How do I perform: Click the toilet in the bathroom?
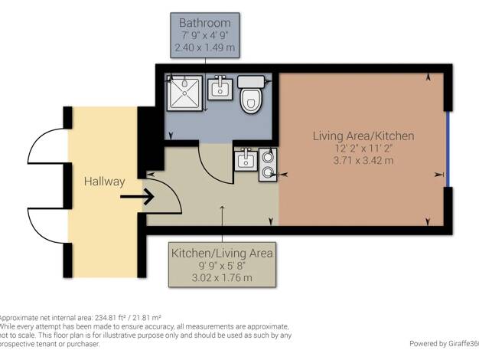pyautogui.click(x=252, y=94)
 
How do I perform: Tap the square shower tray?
pyautogui.click(x=184, y=93)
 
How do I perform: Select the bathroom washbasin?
pyautogui.click(x=220, y=88)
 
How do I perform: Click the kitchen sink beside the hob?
pyautogui.click(x=246, y=159)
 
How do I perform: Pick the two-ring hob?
pyautogui.click(x=268, y=165)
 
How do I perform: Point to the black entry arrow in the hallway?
pyautogui.click(x=136, y=196)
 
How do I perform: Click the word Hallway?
pyautogui.click(x=105, y=182)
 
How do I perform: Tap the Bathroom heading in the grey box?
pyautogui.click(x=204, y=23)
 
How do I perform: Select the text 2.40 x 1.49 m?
pyautogui.click(x=204, y=47)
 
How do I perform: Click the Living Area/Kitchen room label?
pyautogui.click(x=363, y=136)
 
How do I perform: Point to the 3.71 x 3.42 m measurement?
pyautogui.click(x=363, y=160)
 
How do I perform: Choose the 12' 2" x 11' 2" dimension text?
pyautogui.click(x=363, y=149)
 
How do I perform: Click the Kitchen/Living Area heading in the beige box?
pyautogui.click(x=222, y=254)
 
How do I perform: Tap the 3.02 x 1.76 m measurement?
pyautogui.click(x=222, y=278)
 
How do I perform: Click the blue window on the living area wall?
pyautogui.click(x=448, y=149)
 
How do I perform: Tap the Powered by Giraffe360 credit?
pyautogui.click(x=444, y=344)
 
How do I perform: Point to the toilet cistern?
pyautogui.click(x=251, y=82)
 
